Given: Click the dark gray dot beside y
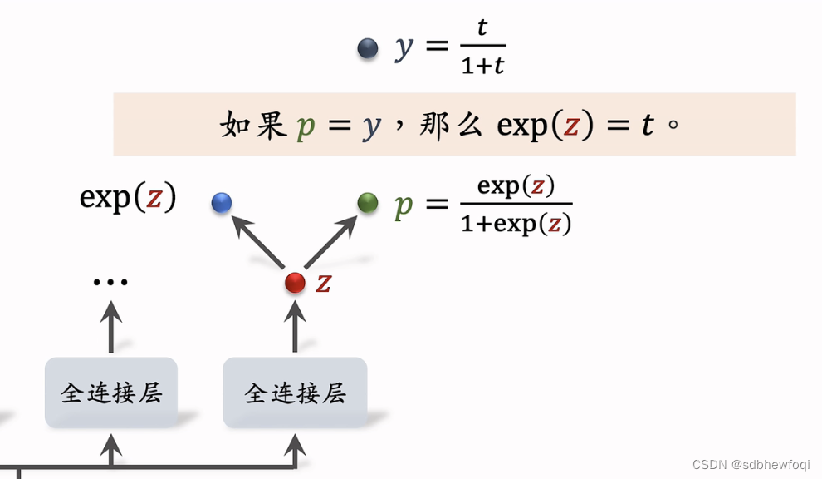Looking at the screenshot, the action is tap(368, 48).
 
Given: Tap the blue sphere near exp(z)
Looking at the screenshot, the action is tap(222, 202).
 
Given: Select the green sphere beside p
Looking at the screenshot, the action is tap(368, 202).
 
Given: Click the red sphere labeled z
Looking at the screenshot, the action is tap(295, 283).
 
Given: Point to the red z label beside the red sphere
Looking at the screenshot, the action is tap(324, 283).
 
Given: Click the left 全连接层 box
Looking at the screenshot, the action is tap(111, 393).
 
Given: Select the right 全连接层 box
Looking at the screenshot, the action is tap(295, 393).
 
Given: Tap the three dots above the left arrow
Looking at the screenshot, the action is tap(110, 283).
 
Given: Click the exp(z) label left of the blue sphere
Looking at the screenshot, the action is tap(128, 198).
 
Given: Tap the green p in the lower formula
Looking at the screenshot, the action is tap(404, 204).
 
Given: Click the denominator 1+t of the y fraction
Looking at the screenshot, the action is tap(482, 65).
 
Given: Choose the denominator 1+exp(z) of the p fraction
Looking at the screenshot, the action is tap(516, 224).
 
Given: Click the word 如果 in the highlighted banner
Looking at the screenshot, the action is tap(253, 125).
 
